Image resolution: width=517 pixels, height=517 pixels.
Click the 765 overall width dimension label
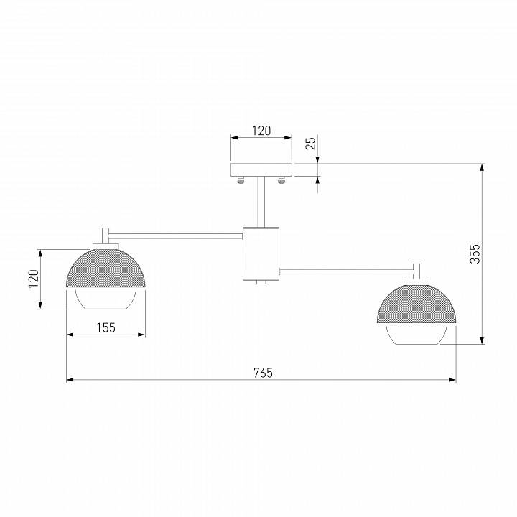(263, 372)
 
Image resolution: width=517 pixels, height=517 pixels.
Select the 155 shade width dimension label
(106, 327)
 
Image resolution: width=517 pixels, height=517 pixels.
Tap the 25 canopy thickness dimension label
(310, 142)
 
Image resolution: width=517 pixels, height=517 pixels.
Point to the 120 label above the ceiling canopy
(261, 131)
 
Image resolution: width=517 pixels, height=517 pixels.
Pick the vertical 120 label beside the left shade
(32, 279)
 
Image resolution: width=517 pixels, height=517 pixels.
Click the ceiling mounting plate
(261, 169)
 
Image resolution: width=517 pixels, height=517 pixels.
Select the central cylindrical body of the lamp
(261, 253)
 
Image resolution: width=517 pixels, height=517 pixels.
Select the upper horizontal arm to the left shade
(176, 233)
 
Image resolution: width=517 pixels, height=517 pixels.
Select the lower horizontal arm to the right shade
(345, 271)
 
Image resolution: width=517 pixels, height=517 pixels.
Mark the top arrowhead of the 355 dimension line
(482, 167)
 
